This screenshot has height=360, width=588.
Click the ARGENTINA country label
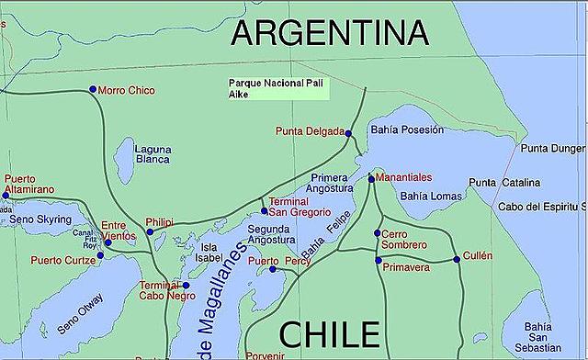[329, 33]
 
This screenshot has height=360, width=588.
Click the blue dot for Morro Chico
[92, 89]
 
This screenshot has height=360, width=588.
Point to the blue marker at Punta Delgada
[348, 134]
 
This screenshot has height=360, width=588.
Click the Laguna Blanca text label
[153, 153]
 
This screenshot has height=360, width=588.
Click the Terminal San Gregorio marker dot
[263, 210]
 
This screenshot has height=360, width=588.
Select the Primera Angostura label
[331, 183]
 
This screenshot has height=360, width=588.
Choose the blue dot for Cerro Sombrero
[378, 233]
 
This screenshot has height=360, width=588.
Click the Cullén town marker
[457, 260]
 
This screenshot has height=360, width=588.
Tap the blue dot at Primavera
[378, 261]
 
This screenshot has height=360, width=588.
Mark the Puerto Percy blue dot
[273, 269]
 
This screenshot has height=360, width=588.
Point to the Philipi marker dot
[151, 231]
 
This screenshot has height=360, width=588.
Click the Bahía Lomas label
[428, 197]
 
